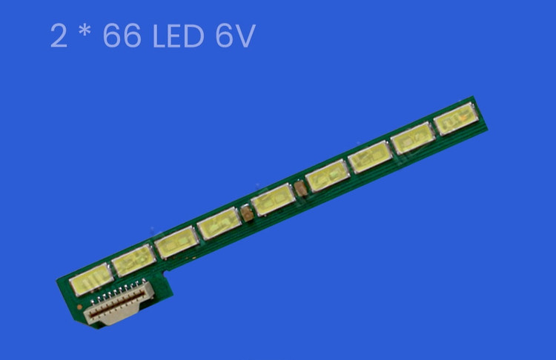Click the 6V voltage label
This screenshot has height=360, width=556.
coord(236,36)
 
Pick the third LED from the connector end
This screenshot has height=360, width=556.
coord(176,241)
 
